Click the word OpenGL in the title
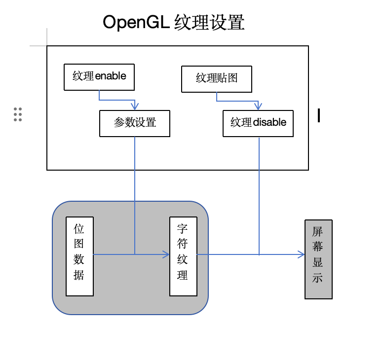point(137,23)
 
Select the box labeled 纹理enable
point(99,77)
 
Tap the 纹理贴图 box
point(217,79)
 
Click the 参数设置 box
point(135,123)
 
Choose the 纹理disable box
point(258,123)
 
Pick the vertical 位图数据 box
point(79,256)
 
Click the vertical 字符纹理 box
point(183,256)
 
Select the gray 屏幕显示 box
point(318,259)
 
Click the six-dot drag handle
point(18,114)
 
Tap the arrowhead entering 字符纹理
point(166,254)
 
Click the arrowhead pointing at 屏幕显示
point(302,254)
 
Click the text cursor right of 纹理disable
point(319,115)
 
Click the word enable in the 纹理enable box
point(111,76)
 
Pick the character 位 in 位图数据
point(79,229)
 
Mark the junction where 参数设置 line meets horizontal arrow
point(135,254)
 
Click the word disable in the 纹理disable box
point(269,122)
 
